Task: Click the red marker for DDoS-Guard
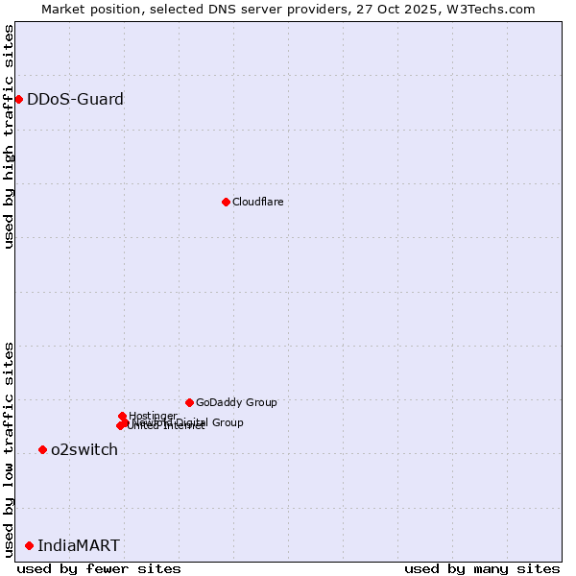18,99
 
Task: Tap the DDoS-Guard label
75,99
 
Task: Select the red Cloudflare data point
226,202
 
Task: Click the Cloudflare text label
257,202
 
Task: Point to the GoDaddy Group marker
189,402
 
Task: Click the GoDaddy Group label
235,402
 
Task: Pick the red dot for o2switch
42,449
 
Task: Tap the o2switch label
84,449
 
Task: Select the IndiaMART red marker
29,545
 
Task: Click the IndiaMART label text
79,545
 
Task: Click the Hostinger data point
122,416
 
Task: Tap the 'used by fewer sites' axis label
99,568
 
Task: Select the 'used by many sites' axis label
482,568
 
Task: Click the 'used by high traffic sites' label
10,136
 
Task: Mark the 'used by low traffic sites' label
10,448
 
